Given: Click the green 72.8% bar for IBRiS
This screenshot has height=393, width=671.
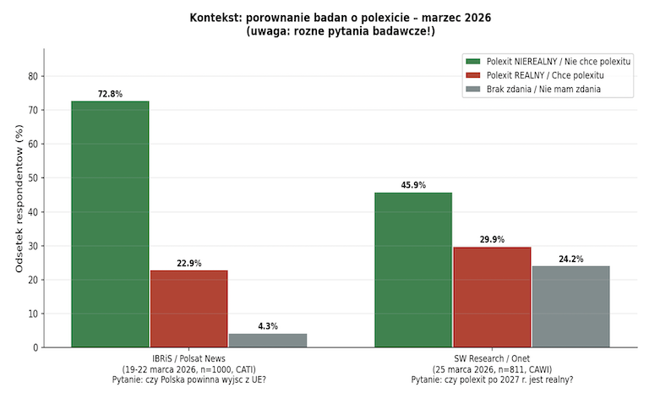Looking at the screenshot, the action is click(110, 224).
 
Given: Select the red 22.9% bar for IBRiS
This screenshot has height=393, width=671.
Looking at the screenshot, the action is click(189, 308).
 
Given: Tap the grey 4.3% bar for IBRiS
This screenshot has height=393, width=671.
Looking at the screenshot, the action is click(268, 341).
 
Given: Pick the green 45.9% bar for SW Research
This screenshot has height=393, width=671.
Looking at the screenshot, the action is click(413, 270).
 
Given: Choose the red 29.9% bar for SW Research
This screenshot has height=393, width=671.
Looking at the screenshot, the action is click(492, 297).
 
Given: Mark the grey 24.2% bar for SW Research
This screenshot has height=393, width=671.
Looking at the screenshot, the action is click(571, 307).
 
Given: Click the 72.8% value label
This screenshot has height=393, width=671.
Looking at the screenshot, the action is click(110, 94).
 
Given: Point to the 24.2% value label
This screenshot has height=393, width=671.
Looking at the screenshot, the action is click(571, 259).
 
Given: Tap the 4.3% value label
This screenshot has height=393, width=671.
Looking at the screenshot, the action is click(268, 326).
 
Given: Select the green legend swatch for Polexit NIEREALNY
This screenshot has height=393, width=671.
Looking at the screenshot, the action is click(473, 62).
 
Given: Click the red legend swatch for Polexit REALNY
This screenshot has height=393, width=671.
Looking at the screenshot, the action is click(473, 75).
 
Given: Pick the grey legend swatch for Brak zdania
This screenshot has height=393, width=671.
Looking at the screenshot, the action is click(473, 89).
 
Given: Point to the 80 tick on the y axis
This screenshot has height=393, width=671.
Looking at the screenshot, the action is click(33, 76).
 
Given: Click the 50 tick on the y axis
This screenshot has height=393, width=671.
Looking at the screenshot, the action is click(33, 178).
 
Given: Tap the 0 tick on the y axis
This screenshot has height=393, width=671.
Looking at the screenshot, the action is click(35, 347).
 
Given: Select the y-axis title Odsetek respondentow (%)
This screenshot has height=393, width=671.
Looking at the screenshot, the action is click(19, 199).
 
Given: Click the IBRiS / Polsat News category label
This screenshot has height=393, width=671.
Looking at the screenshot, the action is click(188, 358).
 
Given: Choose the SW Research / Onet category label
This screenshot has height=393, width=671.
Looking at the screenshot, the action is click(492, 358).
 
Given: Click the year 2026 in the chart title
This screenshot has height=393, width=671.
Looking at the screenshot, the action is click(478, 18).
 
